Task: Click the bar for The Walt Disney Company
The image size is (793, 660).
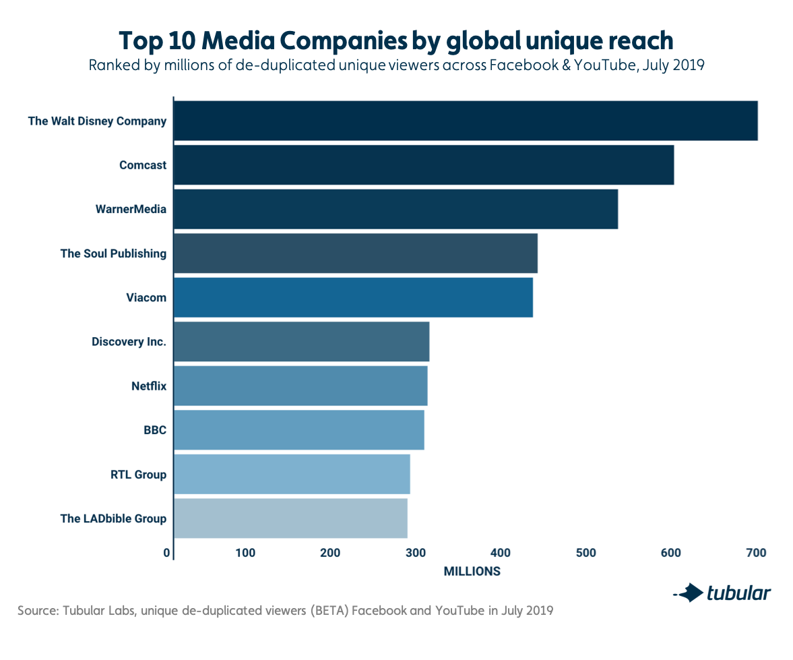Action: (x=465, y=121)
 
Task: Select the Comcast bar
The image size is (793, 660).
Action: (x=423, y=165)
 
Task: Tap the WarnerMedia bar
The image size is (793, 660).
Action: (x=395, y=209)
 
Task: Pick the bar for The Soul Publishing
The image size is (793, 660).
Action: (x=355, y=253)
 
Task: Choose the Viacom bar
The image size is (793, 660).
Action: (x=353, y=297)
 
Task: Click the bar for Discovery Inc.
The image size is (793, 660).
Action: (x=301, y=342)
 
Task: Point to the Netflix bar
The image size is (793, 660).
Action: (x=300, y=386)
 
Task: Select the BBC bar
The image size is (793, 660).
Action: (x=298, y=429)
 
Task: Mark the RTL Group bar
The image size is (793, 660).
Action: (x=292, y=474)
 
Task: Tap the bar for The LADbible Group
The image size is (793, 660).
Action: (x=290, y=518)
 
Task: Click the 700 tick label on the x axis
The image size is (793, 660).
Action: (x=756, y=553)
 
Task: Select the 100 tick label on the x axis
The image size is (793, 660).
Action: (x=245, y=553)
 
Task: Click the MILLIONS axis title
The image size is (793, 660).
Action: (x=472, y=572)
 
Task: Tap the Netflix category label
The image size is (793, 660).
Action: (x=148, y=386)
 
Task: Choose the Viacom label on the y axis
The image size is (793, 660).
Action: (x=146, y=297)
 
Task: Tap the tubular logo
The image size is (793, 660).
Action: (x=722, y=593)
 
